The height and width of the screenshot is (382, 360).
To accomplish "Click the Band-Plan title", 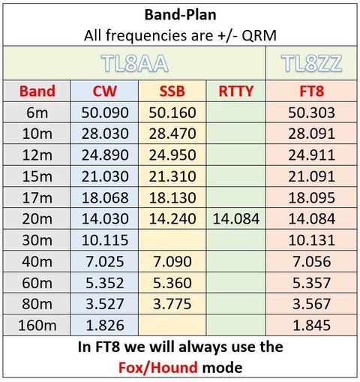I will tap(179, 15).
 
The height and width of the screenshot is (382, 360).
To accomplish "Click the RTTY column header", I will tap(236, 92).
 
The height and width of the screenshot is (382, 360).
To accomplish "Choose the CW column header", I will tap(105, 92).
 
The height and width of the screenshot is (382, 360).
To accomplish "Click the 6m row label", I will tap(37, 113).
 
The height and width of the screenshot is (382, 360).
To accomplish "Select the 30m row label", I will tap(37, 239).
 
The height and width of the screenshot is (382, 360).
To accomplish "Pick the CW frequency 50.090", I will tap(105, 113).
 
